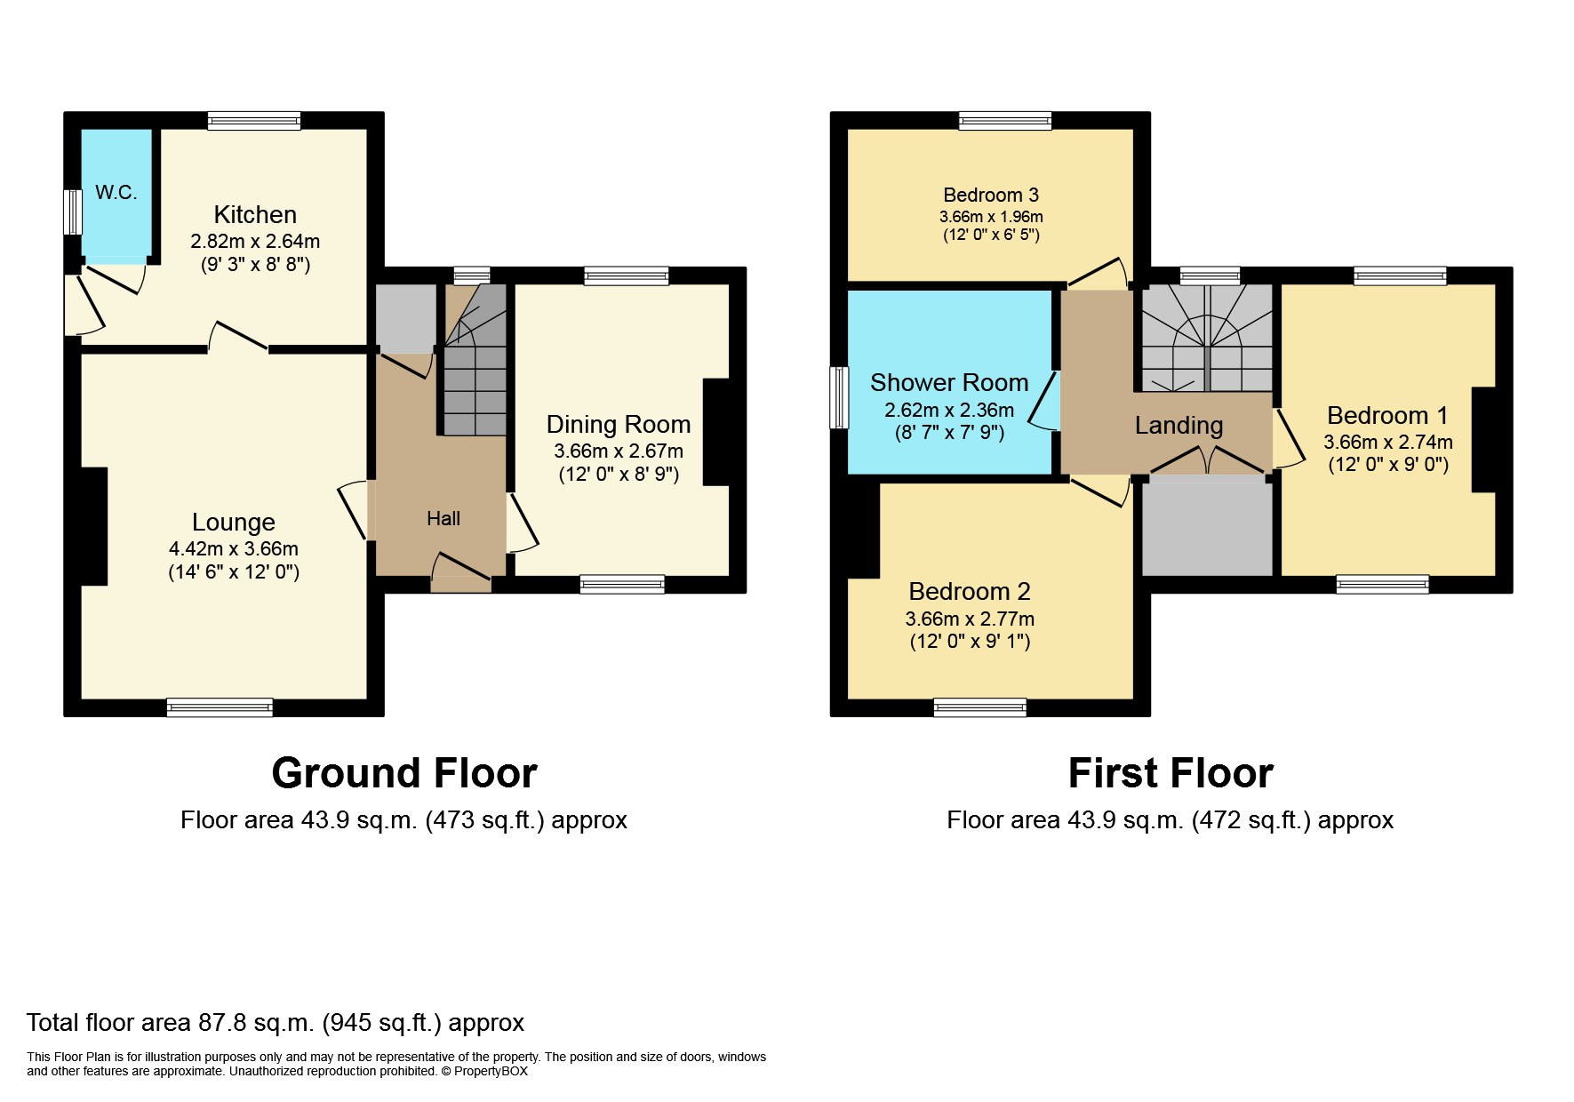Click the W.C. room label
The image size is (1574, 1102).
click(116, 192)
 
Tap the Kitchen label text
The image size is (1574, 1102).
click(255, 215)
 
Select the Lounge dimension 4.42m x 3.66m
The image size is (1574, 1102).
click(234, 549)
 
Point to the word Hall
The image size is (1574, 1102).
click(443, 518)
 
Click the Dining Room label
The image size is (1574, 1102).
click(619, 425)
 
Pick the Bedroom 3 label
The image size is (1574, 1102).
click(991, 195)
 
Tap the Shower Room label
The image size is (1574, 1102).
click(949, 383)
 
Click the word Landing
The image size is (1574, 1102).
click(1179, 426)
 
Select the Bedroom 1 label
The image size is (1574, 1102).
click(1387, 416)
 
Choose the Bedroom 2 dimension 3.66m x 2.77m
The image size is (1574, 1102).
click(970, 619)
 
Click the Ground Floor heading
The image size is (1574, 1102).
click(404, 773)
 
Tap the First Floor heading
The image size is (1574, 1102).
click(1171, 773)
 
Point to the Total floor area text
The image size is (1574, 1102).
click(276, 1023)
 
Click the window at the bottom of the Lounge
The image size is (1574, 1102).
click(220, 707)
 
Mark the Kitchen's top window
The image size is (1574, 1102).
click(254, 121)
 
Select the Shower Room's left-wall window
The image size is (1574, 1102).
click(839, 397)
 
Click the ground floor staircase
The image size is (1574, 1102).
click(475, 360)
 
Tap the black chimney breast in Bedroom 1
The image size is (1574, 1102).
click(1483, 439)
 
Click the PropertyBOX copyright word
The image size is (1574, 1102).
click(491, 1071)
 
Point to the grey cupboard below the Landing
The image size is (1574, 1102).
click(1207, 528)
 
